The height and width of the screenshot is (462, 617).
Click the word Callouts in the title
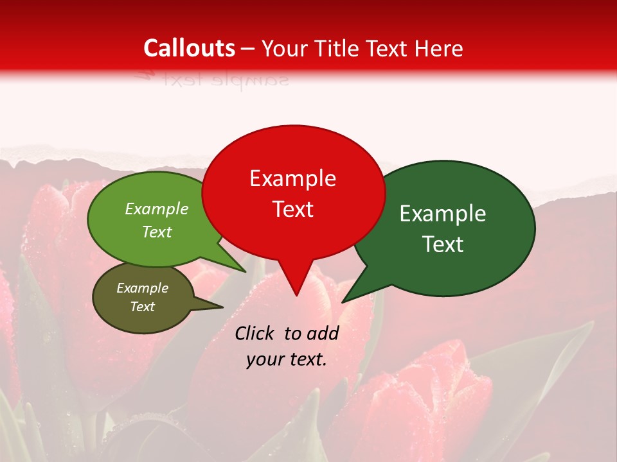pos(190,48)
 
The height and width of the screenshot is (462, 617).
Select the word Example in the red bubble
pos(292,178)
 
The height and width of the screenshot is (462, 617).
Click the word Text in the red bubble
pos(292,209)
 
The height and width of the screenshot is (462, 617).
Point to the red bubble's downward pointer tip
pos(296,295)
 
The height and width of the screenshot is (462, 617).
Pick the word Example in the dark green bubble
pos(443,214)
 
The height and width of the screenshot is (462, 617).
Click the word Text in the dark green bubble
pos(443,244)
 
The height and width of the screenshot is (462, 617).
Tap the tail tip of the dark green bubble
pos(343,302)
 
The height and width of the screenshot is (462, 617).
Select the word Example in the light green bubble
pos(157,209)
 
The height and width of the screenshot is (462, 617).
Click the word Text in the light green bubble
pos(157,232)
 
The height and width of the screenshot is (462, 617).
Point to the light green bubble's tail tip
pos(245,271)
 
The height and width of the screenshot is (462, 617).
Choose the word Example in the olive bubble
pos(142,288)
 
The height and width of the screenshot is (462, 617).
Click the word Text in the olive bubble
pos(142,307)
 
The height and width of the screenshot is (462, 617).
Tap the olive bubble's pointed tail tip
pos(222,307)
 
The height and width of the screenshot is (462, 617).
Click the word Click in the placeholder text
pos(255,333)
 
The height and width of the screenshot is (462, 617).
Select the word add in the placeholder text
pos(323,333)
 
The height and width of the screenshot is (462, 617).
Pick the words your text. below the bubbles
pos(287,359)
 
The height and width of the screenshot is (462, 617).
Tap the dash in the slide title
pos(248,49)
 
